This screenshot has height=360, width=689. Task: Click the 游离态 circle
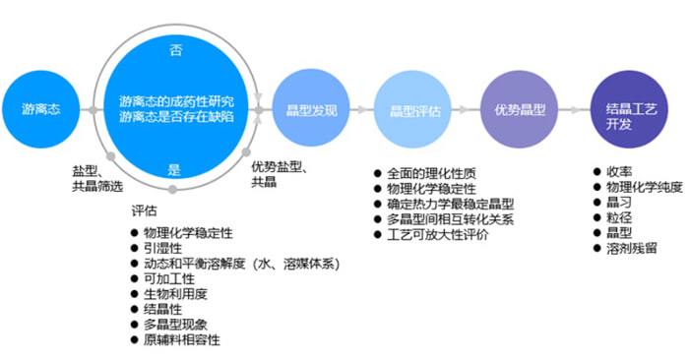coord(40,109)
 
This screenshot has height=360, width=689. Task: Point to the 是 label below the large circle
coord(175,169)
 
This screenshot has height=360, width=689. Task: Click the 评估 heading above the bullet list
coord(144,210)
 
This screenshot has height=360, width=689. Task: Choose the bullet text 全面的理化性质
coord(432,174)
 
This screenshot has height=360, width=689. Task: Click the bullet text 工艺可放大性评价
coord(439,235)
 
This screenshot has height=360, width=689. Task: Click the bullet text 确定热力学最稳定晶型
coord(451,204)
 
